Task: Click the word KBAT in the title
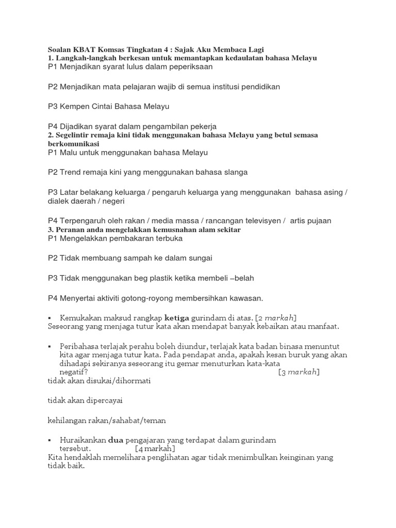pyautogui.click(x=83, y=49)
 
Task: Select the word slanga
pyautogui.click(x=233, y=172)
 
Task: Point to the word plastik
pyautogui.click(x=163, y=278)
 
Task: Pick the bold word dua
pyautogui.click(x=117, y=440)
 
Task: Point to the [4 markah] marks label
pyautogui.click(x=155, y=448)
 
